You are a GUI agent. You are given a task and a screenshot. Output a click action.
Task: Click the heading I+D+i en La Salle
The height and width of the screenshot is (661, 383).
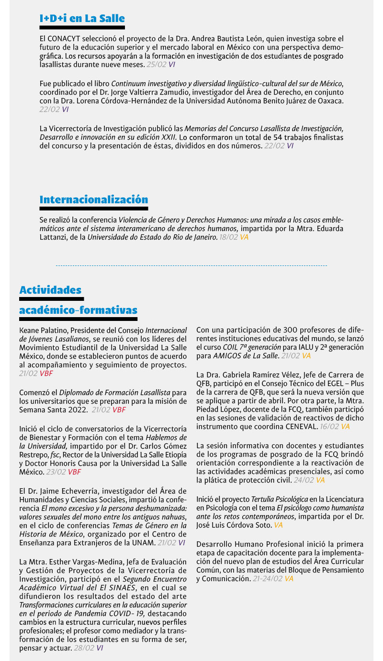coord(82,19)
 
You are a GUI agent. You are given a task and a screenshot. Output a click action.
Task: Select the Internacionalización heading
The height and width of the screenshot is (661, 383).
coord(93,199)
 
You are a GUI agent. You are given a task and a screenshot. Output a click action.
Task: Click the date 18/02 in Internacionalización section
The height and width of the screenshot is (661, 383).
coord(228,237)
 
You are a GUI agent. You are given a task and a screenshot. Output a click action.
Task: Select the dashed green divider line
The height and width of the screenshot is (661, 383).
coord(191,265)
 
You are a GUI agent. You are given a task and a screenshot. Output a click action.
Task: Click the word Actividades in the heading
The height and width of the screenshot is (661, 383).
coord(50,290)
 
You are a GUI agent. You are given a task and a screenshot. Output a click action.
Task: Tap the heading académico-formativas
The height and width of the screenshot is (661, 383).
coord(78,310)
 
